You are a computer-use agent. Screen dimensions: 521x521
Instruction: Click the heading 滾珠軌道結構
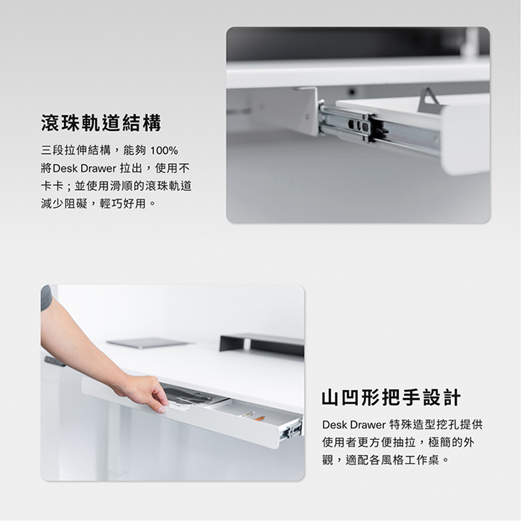101,123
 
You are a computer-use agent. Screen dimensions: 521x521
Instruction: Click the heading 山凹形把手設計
391,397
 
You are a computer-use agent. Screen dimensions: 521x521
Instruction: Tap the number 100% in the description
164,150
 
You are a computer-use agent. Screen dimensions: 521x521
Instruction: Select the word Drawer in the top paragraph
98,168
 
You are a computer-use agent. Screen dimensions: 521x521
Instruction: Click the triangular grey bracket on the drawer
428,100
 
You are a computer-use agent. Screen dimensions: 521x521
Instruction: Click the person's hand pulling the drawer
145,392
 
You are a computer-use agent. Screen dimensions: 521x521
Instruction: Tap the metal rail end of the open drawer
292,429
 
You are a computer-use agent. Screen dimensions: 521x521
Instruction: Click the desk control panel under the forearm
55,362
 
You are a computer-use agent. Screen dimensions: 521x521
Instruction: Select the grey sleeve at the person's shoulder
46,298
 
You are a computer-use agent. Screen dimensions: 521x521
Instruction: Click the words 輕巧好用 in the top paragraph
123,203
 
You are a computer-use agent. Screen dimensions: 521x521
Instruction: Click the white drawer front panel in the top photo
465,139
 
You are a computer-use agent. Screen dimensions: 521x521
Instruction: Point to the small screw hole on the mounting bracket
307,117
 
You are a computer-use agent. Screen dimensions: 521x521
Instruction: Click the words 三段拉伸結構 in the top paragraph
76,150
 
